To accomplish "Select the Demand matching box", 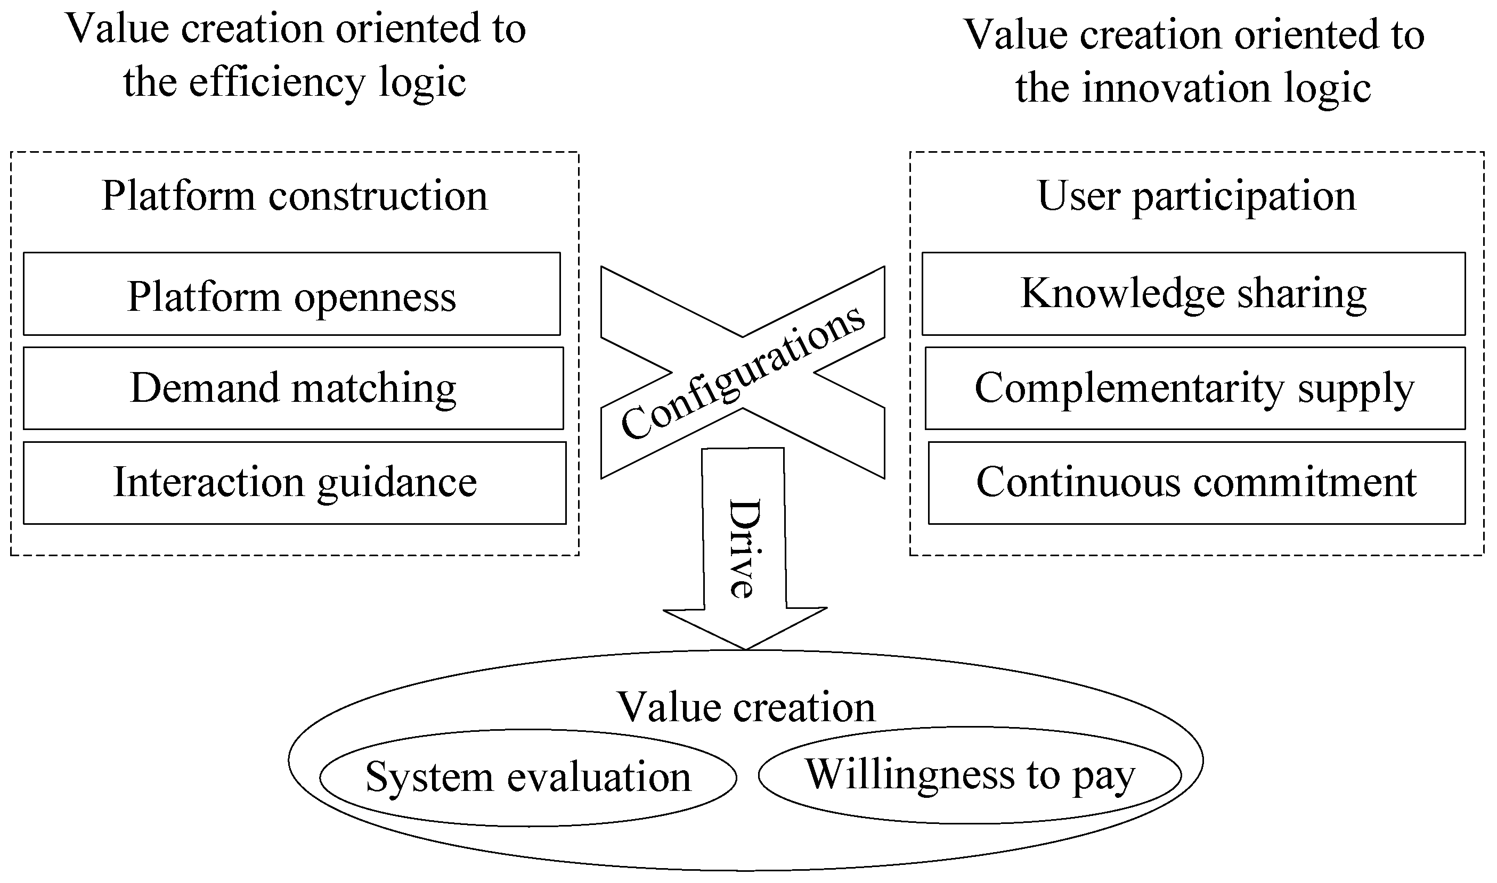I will click(x=293, y=389).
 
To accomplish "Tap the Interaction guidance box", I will click(x=295, y=483).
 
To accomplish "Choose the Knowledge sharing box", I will click(x=1193, y=294).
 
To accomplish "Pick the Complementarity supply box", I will click(x=1194, y=389).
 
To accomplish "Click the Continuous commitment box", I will click(x=1197, y=483).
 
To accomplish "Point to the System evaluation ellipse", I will click(x=527, y=778).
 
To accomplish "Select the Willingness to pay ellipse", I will click(x=970, y=775).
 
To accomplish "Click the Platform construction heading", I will click(x=294, y=196).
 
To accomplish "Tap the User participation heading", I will click(x=1197, y=196).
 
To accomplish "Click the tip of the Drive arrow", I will click(x=745, y=647).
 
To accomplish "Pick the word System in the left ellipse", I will click(x=429, y=778).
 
